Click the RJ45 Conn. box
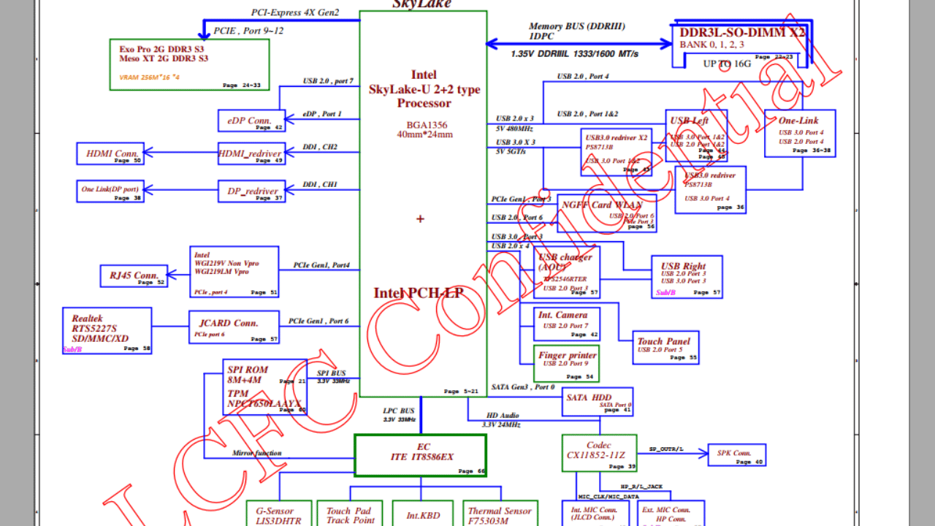pyautogui.click(x=134, y=276)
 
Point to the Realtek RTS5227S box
pyautogui.click(x=107, y=330)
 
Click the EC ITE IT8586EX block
pyautogui.click(x=420, y=455)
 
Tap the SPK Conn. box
pyautogui.click(x=736, y=454)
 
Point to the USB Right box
pyautogui.click(x=687, y=276)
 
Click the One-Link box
pyautogui.click(x=799, y=133)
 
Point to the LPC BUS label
pyautogui.click(x=399, y=411)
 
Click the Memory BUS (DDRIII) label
pyautogui.click(x=577, y=26)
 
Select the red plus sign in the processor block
pyautogui.click(x=420, y=218)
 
